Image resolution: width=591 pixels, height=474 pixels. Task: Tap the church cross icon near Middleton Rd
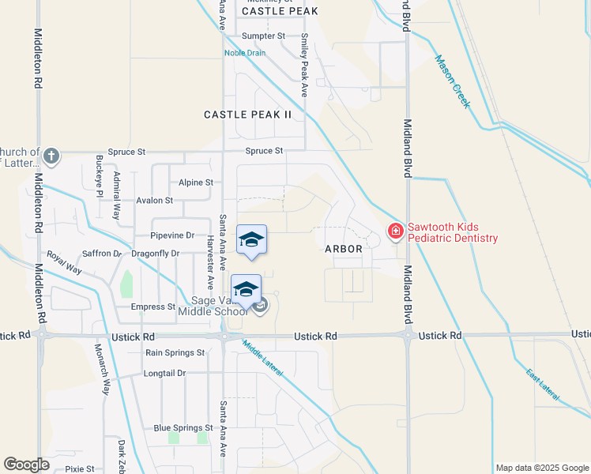(x=51, y=155)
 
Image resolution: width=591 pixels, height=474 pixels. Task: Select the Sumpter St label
(x=263, y=36)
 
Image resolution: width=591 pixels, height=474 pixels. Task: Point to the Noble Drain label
(x=245, y=53)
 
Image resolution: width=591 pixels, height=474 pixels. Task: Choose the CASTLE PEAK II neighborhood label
(x=248, y=115)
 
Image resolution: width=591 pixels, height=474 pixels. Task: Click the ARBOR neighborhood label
(x=344, y=248)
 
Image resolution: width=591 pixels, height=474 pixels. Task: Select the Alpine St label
(x=196, y=182)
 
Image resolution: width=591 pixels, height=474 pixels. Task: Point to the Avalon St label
(x=154, y=201)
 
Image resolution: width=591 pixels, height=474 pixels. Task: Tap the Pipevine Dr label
(x=172, y=235)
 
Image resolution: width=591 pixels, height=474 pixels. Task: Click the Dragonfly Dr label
(x=156, y=254)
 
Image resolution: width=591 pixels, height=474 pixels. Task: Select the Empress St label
(x=153, y=307)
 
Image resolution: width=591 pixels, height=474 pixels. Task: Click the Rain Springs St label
(x=175, y=352)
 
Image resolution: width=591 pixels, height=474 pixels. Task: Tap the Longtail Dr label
(x=164, y=373)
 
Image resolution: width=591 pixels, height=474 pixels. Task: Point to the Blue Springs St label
(x=185, y=428)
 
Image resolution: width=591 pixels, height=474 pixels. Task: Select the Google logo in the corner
(x=26, y=465)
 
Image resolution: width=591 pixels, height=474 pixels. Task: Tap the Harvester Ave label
(x=210, y=260)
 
